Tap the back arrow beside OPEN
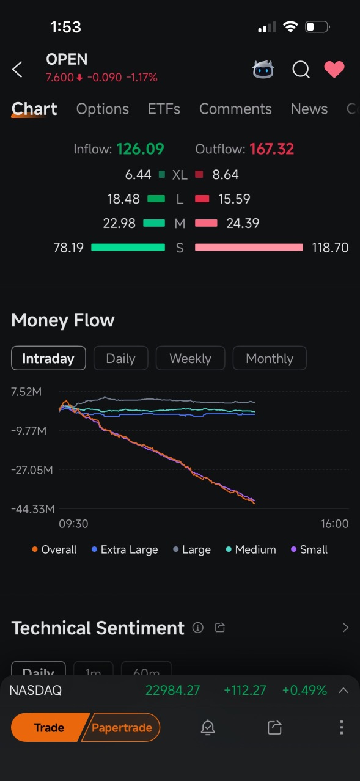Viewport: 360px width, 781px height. coord(17,70)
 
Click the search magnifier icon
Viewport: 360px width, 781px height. coord(301,70)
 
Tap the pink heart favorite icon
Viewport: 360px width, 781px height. coord(334,69)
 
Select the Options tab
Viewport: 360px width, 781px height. coord(103,109)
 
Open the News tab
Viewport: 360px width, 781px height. coord(309,109)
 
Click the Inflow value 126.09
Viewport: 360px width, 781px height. coord(140,149)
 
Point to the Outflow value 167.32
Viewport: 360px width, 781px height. coord(272,149)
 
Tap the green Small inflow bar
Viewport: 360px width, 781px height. coord(128,248)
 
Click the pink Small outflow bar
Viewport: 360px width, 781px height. coord(249,248)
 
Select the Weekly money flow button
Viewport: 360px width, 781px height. coord(191,358)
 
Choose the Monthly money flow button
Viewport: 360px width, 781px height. coord(270,358)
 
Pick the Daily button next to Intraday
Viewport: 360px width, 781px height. coord(120,358)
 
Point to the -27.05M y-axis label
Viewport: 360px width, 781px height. coord(32,470)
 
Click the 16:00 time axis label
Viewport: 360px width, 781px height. coord(334,524)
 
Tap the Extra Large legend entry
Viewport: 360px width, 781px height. coord(125,550)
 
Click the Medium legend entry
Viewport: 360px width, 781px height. coord(251,550)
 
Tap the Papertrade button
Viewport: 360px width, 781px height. coord(121,728)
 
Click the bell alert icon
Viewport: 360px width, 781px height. coord(208,728)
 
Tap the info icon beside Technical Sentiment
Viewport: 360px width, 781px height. coord(198,628)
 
